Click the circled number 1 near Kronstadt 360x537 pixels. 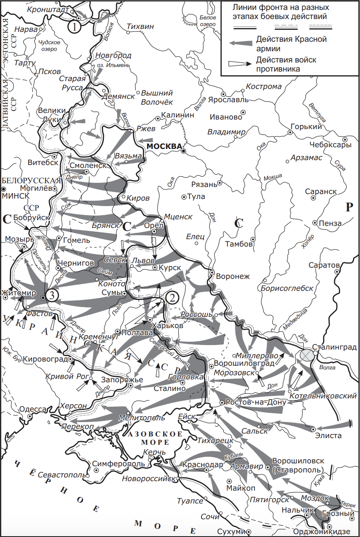click(x=74, y=27)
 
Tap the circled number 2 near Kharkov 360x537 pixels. click(x=172, y=297)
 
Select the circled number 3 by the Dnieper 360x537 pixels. click(x=51, y=295)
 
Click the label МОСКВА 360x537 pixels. click(x=164, y=146)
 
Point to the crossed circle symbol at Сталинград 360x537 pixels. click(x=307, y=355)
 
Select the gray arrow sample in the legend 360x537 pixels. click(x=241, y=43)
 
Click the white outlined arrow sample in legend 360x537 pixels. click(x=241, y=65)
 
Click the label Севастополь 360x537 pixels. click(x=61, y=475)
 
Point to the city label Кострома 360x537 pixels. click(x=264, y=86)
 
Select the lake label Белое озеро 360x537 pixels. click(x=208, y=21)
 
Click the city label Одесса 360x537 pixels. click(x=33, y=409)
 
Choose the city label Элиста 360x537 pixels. click(x=329, y=435)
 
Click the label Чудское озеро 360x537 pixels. click(x=49, y=46)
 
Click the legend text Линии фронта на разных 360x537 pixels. click(x=281, y=8)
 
